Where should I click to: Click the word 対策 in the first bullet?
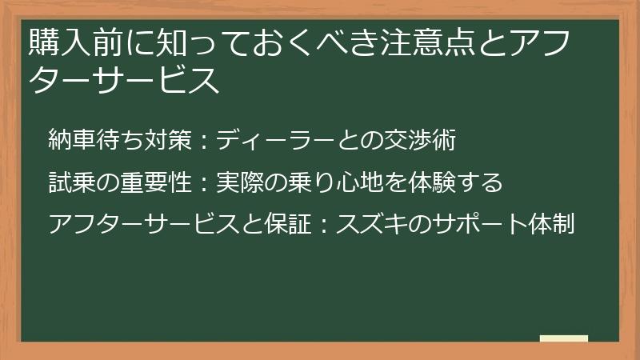click(x=167, y=141)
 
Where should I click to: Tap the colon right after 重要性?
click(x=202, y=183)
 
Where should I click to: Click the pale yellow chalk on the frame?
click(x=563, y=338)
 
